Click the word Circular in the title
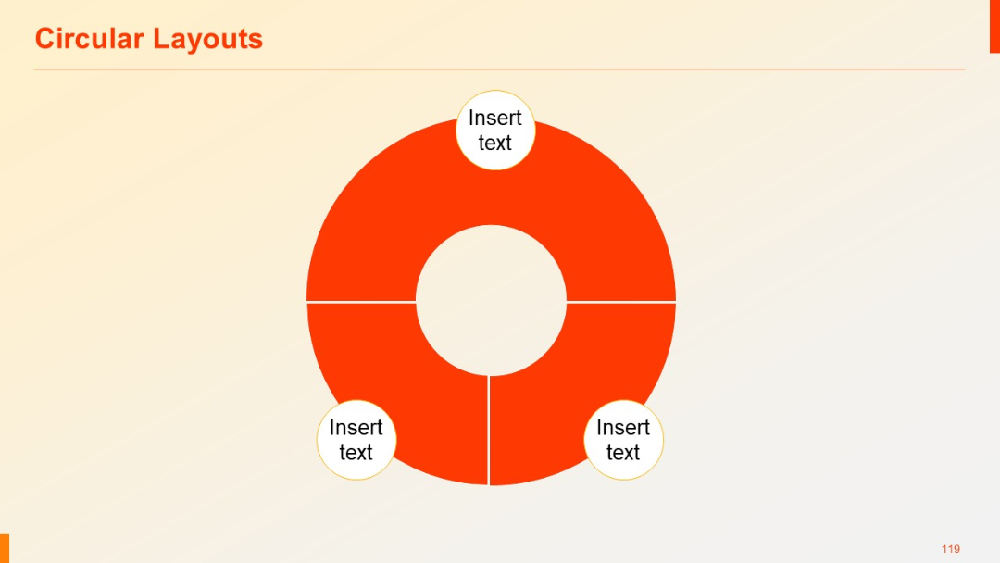(90, 39)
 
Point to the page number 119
(950, 549)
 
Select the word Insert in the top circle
(494, 118)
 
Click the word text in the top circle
(494, 144)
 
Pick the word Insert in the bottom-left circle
(356, 428)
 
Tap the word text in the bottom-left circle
(356, 453)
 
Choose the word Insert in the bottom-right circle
(622, 428)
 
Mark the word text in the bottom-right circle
(622, 453)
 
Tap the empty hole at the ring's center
(491, 300)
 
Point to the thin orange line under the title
(500, 69)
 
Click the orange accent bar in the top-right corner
(994, 26)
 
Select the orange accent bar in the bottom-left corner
(5, 547)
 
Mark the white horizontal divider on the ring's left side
(361, 302)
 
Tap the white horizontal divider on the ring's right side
(620, 302)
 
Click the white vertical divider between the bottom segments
(488, 430)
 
